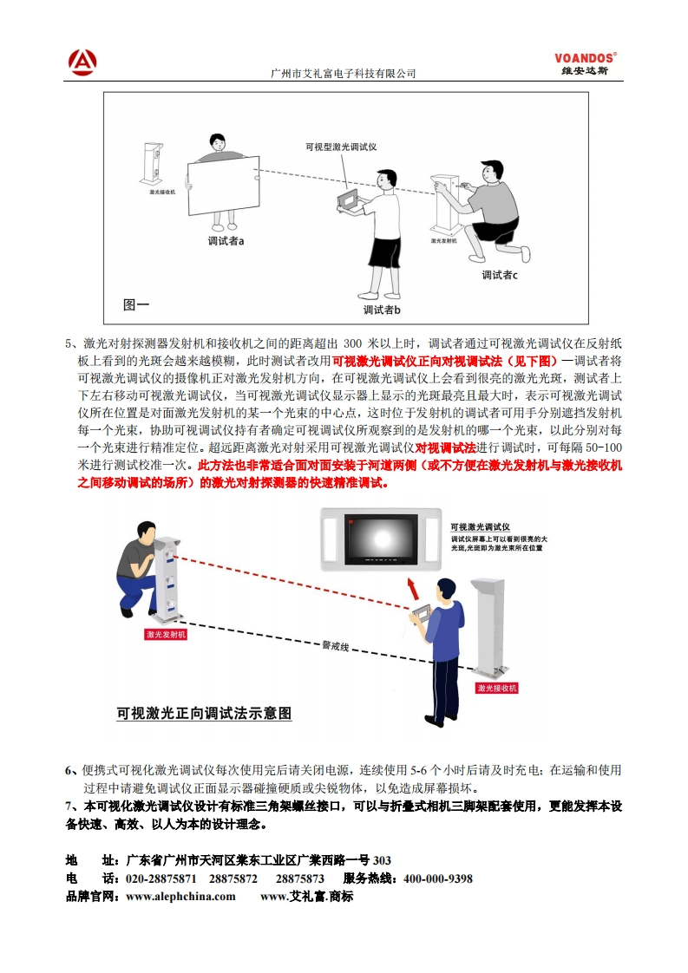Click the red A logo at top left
(x=82, y=62)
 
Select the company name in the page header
(x=344, y=74)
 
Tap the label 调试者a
(x=226, y=241)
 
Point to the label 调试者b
(x=382, y=309)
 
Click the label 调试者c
(x=500, y=275)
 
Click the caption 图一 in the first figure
(x=136, y=304)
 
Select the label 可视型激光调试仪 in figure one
(x=341, y=147)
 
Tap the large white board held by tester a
(x=225, y=183)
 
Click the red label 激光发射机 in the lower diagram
(x=166, y=635)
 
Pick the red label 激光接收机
(x=497, y=688)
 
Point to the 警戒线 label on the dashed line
(x=335, y=646)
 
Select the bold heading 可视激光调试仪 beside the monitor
(x=480, y=526)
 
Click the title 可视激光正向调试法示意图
(x=204, y=714)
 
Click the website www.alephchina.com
(x=180, y=897)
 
